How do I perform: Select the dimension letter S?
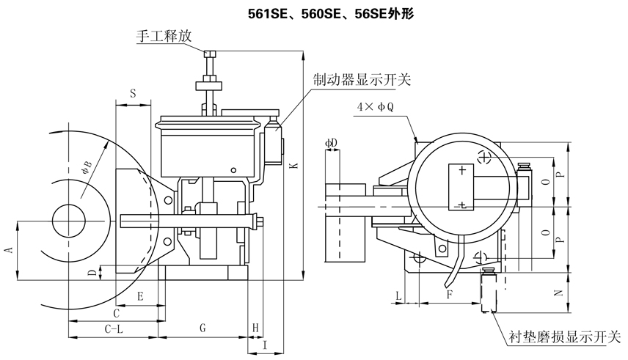point(133,93)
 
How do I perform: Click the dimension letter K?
point(293,166)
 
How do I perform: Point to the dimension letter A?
point(9,250)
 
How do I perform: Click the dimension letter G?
point(202,329)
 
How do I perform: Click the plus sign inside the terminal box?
point(461,171)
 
